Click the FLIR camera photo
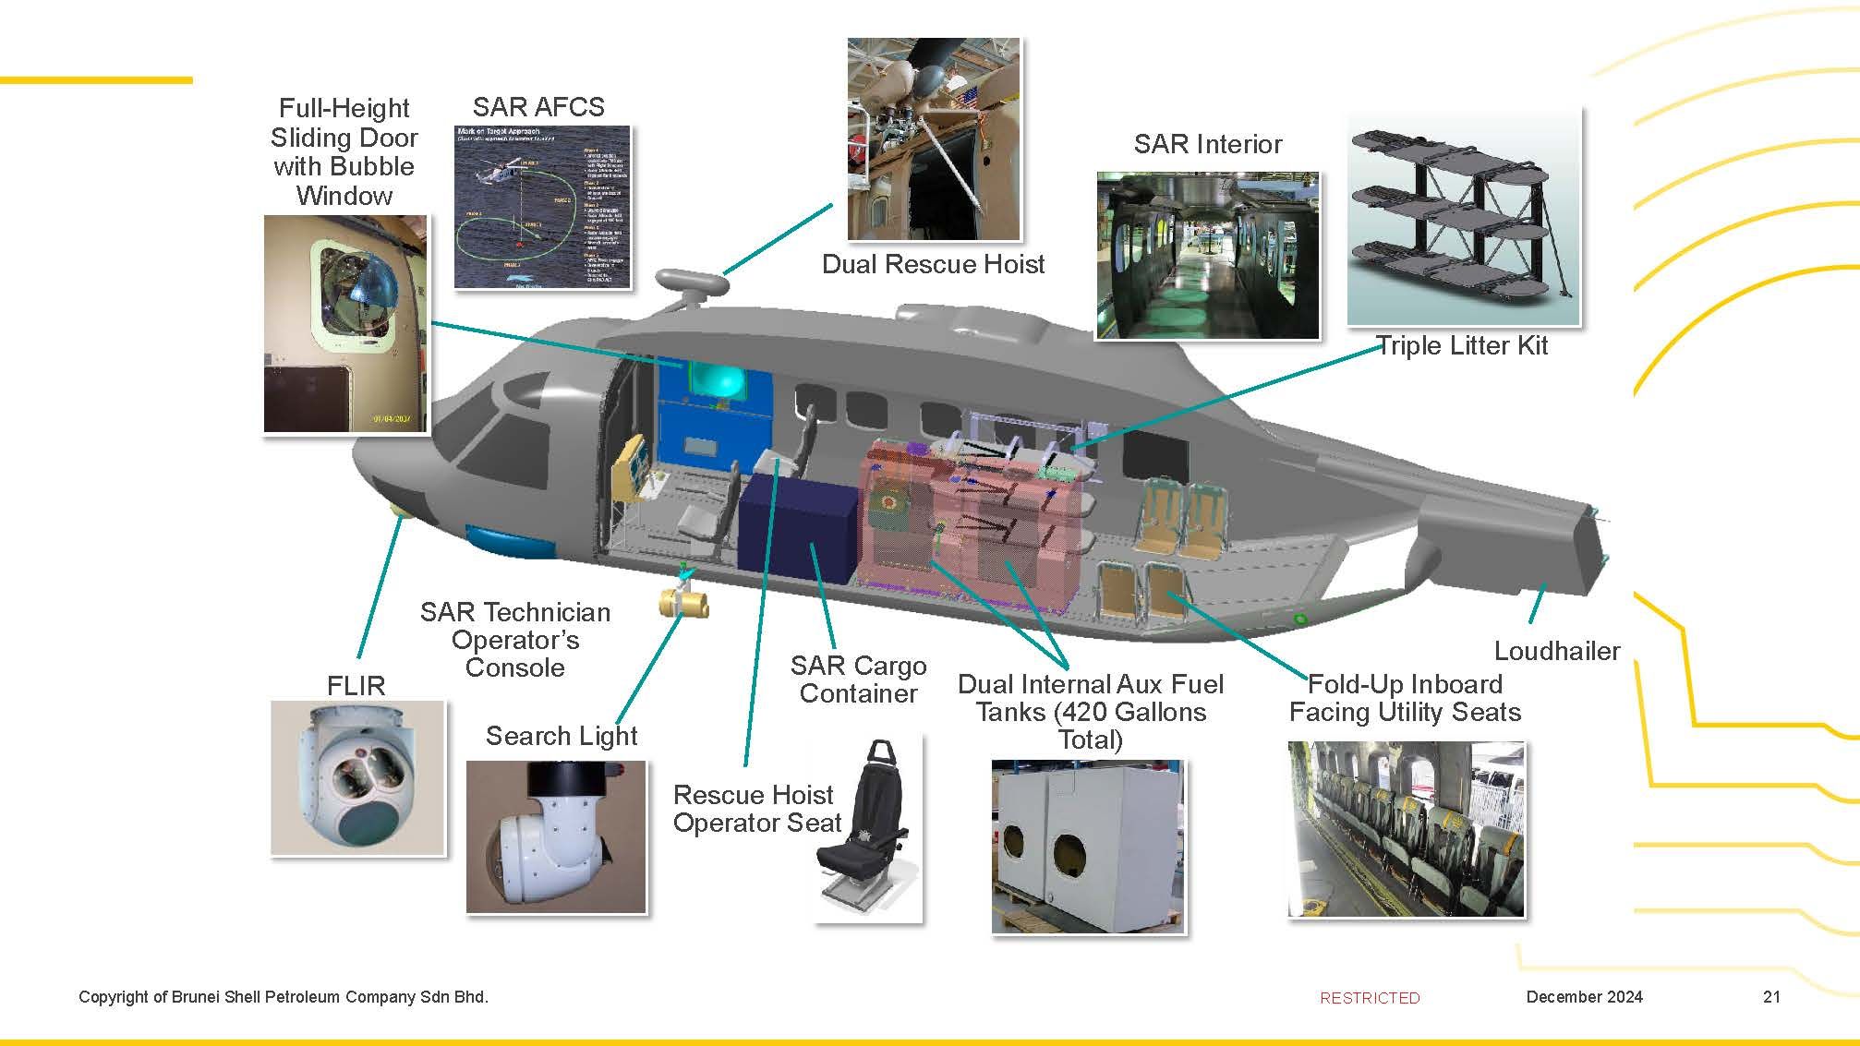coord(357,777)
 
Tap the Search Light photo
coord(555,836)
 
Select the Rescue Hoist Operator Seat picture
coord(867,830)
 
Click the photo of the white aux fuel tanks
coord(1087,846)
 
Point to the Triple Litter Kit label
coord(1462,345)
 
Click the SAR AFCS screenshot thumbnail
coord(542,207)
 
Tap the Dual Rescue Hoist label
coord(933,264)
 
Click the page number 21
coord(1771,996)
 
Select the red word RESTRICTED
coord(1370,997)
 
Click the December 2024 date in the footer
coord(1584,996)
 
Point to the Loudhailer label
coord(1556,651)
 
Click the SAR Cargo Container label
coord(858,679)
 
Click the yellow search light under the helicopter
coord(684,604)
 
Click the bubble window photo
coord(345,323)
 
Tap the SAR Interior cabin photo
coord(1207,255)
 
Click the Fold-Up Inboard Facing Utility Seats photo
coord(1406,828)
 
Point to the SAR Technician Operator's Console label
coord(514,639)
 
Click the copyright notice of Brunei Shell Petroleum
coord(283,996)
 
